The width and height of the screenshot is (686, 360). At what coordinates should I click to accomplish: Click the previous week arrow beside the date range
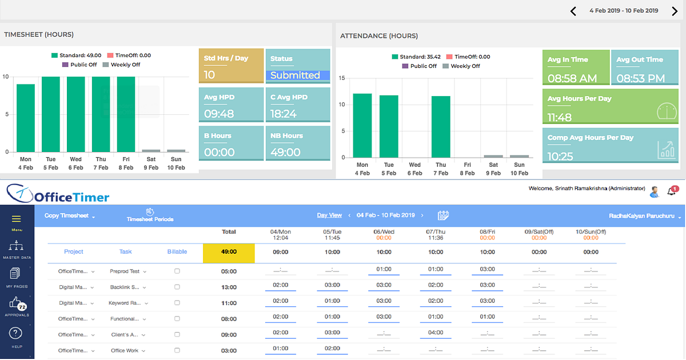573,11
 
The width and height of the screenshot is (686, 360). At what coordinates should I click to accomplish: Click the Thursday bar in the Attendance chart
440,126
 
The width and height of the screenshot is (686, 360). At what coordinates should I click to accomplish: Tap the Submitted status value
295,75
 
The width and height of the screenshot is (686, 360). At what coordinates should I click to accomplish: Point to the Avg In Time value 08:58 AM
572,78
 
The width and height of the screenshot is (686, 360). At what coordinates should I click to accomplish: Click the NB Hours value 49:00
285,152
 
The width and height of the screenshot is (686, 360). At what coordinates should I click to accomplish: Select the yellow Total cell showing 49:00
229,252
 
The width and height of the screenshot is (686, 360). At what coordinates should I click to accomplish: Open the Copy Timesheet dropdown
70,216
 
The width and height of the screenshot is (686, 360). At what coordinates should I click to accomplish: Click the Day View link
329,215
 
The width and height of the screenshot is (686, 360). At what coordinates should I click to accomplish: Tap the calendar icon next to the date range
443,215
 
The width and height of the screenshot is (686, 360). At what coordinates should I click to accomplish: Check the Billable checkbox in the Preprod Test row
177,271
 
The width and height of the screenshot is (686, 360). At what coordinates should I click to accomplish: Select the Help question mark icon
17,333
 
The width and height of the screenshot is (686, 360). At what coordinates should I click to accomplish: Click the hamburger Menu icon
17,219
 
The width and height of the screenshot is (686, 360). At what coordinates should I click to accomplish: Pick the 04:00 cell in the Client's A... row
436,333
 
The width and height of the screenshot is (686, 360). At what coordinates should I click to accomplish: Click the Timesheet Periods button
150,215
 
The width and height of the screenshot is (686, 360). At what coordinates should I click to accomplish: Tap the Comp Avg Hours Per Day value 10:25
560,156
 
